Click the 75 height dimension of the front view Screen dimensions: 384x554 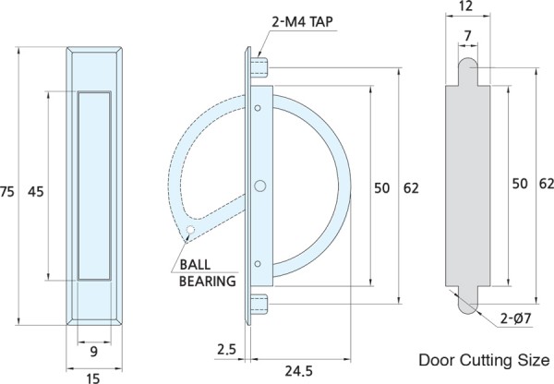(8, 191)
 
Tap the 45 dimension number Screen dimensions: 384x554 (36, 191)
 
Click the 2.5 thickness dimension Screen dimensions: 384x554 (225, 350)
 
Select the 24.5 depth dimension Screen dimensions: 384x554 (297, 371)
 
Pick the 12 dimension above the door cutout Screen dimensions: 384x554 (464, 7)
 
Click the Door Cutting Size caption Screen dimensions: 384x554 (484, 359)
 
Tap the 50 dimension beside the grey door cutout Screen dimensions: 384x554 (519, 184)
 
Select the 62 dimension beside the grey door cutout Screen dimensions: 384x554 (546, 184)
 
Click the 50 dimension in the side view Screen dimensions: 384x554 (381, 188)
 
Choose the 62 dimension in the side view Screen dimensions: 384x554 (411, 188)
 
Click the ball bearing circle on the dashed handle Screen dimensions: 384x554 (189, 230)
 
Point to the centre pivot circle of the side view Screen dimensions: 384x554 (260, 186)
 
